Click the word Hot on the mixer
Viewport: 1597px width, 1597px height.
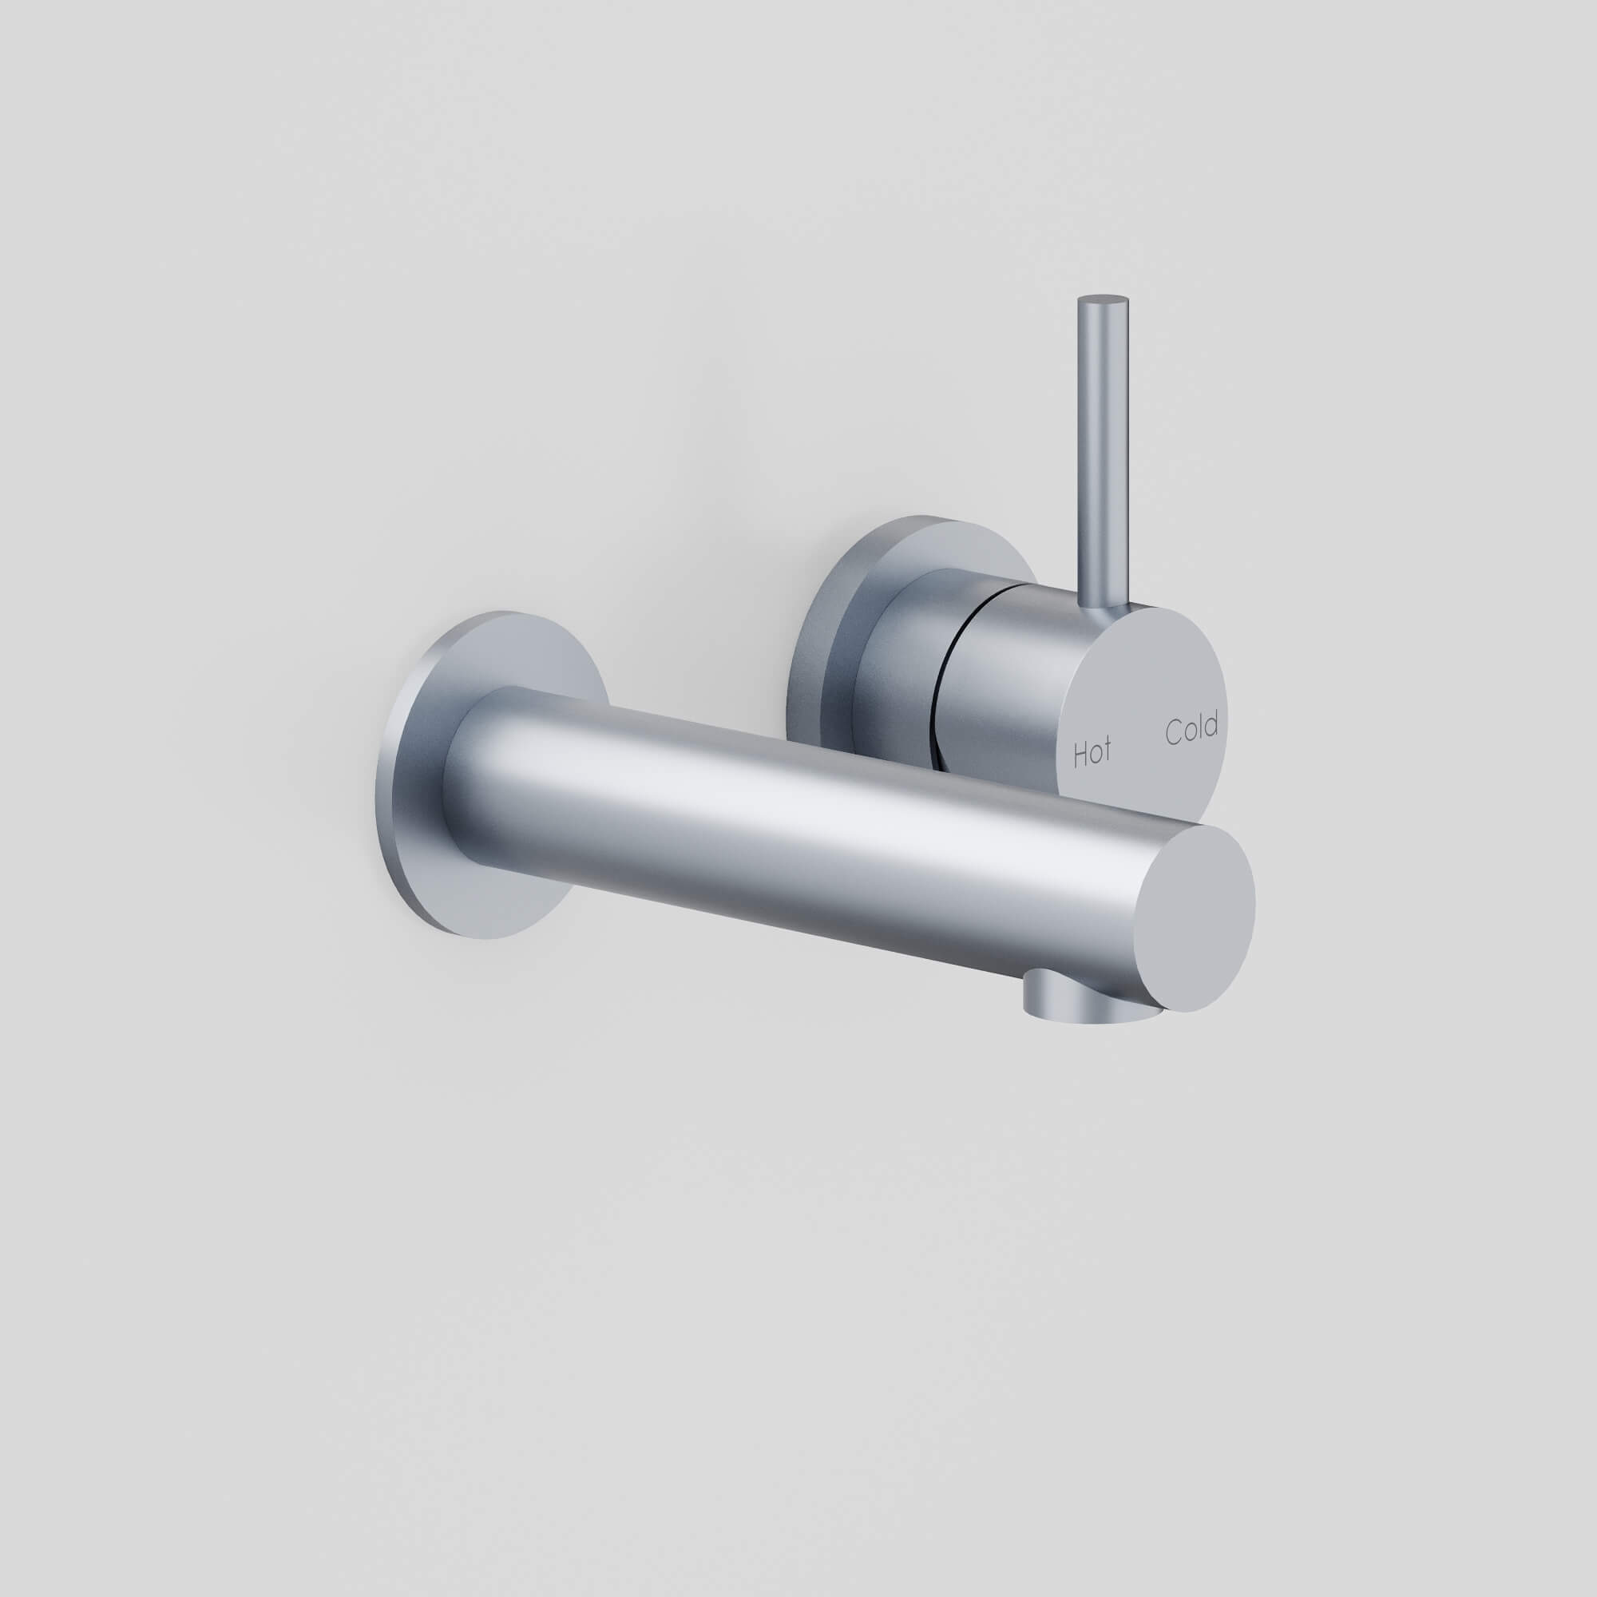pyautogui.click(x=1092, y=753)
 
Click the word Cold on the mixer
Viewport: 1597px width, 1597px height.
pyautogui.click(x=1191, y=729)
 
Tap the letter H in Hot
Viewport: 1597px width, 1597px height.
pyautogui.click(x=1079, y=755)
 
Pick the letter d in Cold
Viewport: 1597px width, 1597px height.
pyautogui.click(x=1211, y=724)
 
